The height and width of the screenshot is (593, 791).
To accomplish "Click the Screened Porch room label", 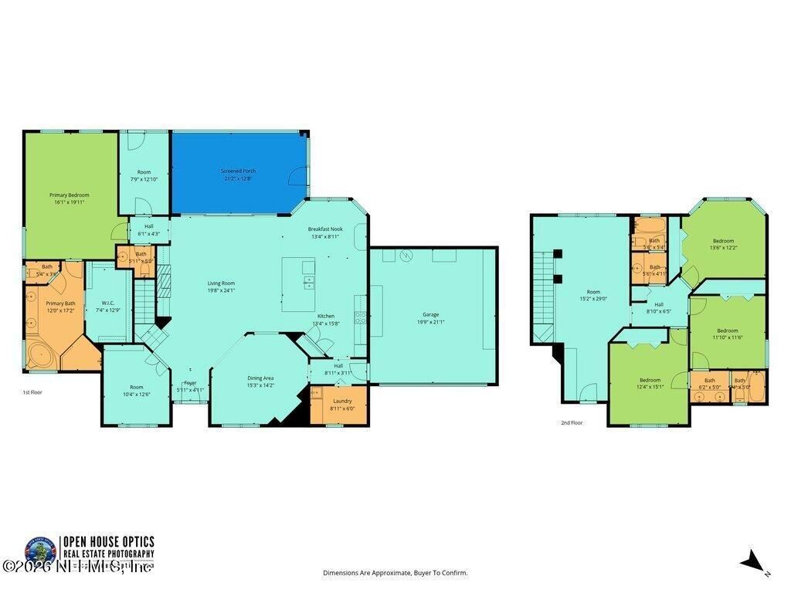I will [x=239, y=171].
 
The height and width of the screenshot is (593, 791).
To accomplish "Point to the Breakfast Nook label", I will [x=325, y=229].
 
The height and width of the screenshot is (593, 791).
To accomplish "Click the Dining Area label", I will [x=260, y=378].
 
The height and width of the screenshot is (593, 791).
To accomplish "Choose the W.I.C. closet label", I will [x=108, y=303].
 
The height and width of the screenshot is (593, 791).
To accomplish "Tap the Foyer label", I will [x=190, y=383].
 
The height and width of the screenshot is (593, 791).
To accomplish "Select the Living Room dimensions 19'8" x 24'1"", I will [x=221, y=290].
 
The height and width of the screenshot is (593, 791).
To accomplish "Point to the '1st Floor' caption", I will [x=32, y=393].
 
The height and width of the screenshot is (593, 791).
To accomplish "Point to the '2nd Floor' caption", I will [x=572, y=423].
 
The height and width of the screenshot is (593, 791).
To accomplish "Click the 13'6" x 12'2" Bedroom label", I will [x=723, y=241].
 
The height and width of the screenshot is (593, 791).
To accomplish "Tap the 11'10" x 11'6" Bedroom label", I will [x=727, y=330].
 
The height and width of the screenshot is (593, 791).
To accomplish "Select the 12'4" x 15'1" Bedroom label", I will [x=650, y=380].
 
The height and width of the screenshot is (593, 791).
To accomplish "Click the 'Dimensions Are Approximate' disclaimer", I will [x=395, y=573].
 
